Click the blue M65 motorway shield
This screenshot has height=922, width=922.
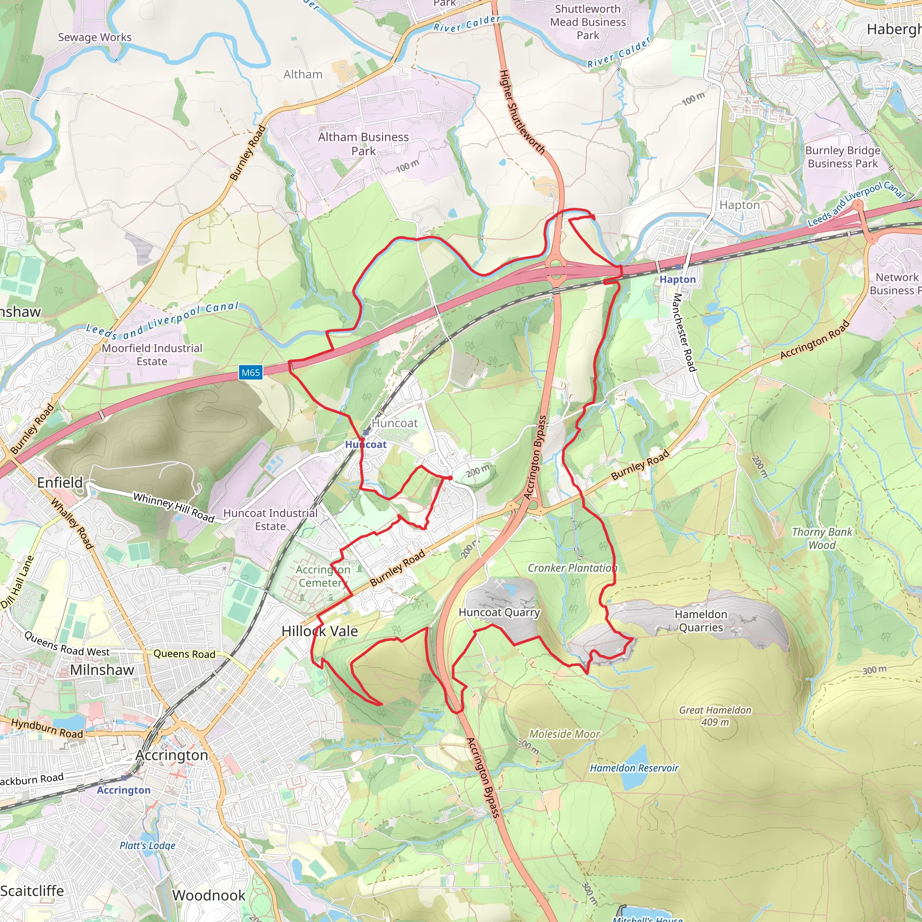pyautogui.click(x=251, y=373)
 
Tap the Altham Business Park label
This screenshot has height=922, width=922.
pyautogui.click(x=363, y=144)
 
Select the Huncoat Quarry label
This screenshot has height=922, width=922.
pyautogui.click(x=499, y=612)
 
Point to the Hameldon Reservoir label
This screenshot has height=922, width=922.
pyautogui.click(x=634, y=768)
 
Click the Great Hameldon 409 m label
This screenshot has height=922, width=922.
pyautogui.click(x=715, y=716)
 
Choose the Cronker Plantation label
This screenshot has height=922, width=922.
pyautogui.click(x=572, y=568)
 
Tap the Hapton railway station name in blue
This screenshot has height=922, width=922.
pyautogui.click(x=677, y=280)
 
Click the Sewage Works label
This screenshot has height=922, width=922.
pyautogui.click(x=95, y=37)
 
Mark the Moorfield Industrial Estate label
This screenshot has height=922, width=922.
pyautogui.click(x=152, y=355)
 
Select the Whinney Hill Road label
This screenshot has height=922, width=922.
pyautogui.click(x=174, y=507)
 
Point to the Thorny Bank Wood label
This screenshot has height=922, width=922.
pyautogui.click(x=822, y=538)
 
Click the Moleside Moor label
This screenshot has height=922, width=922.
pyautogui.click(x=564, y=734)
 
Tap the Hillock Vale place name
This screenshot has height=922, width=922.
pyautogui.click(x=319, y=631)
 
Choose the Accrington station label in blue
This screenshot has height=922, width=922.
pyautogui.click(x=124, y=790)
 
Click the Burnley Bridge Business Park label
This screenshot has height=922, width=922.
pyautogui.click(x=842, y=157)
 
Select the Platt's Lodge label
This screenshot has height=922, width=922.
pyautogui.click(x=148, y=845)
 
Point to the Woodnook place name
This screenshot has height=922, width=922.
pyautogui.click(x=208, y=895)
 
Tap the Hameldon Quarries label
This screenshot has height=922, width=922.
pyautogui.click(x=701, y=621)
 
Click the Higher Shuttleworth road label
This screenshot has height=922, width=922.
pyautogui.click(x=521, y=112)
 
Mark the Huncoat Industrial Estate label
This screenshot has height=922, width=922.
pyautogui.click(x=270, y=520)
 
